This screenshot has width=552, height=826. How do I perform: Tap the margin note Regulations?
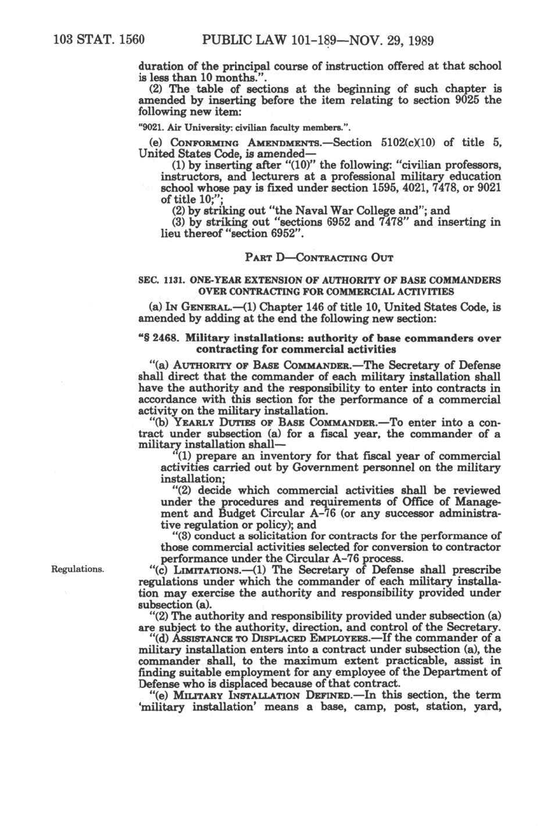click(x=78, y=568)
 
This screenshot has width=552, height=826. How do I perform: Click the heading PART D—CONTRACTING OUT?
click(x=319, y=257)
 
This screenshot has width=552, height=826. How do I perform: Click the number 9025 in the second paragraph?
click(x=465, y=99)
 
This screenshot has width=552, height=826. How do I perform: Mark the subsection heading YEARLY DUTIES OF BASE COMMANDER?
click(x=258, y=422)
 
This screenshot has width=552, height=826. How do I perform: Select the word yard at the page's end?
click(x=488, y=706)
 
